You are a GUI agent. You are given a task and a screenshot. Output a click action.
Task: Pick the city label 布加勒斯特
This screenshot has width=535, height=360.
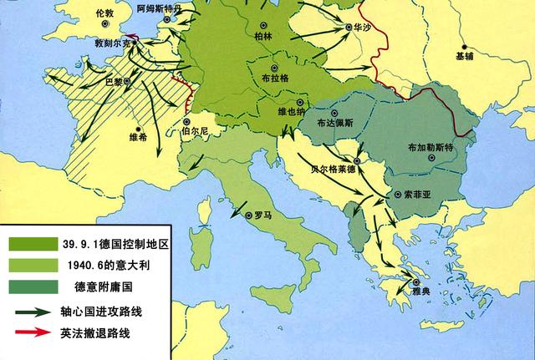[x=429, y=147]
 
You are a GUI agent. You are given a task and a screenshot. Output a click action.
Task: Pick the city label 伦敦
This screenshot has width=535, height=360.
[x=103, y=14]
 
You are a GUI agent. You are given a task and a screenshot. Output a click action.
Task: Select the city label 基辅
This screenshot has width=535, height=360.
[x=465, y=56]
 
